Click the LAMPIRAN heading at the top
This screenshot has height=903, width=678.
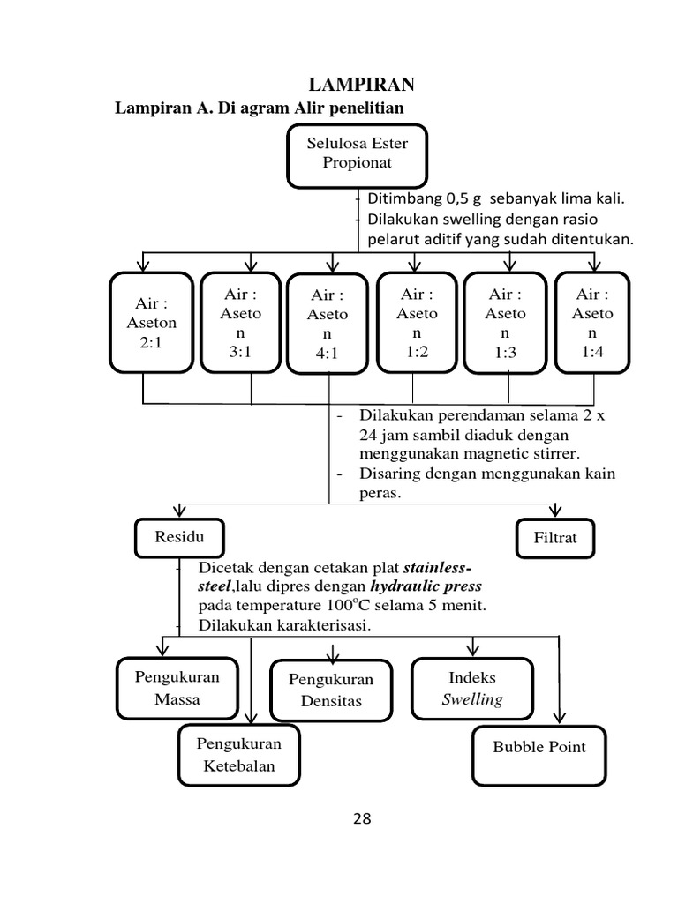coord(361,85)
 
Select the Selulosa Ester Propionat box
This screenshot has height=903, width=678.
coord(351,155)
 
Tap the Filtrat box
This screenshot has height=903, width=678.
coord(554,538)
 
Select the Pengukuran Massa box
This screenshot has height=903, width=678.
coord(177,688)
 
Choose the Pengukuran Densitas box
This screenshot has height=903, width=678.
coord(332,690)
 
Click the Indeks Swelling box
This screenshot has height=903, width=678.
coord(473,689)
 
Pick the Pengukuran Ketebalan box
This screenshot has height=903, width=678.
coord(238,755)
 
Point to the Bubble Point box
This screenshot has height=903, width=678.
coord(539,755)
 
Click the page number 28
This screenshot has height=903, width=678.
coord(362,819)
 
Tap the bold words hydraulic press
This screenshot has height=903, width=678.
coord(426,586)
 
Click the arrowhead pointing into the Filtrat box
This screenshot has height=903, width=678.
coord(555,512)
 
